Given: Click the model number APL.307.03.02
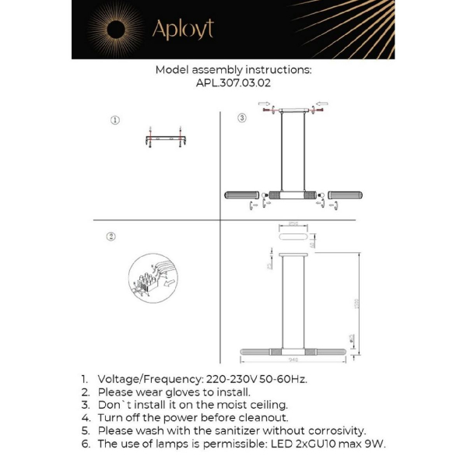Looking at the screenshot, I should pos(233,83).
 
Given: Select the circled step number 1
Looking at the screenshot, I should pos(114,121).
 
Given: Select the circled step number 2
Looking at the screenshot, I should pos(111,237).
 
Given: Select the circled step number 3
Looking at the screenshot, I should pos(242,118).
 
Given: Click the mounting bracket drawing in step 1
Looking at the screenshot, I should pos(165,139).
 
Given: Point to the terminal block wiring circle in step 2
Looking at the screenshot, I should pos(152,278).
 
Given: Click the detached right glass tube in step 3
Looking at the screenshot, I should pos(346,195).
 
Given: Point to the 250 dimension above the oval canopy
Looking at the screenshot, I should pos(293,223).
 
